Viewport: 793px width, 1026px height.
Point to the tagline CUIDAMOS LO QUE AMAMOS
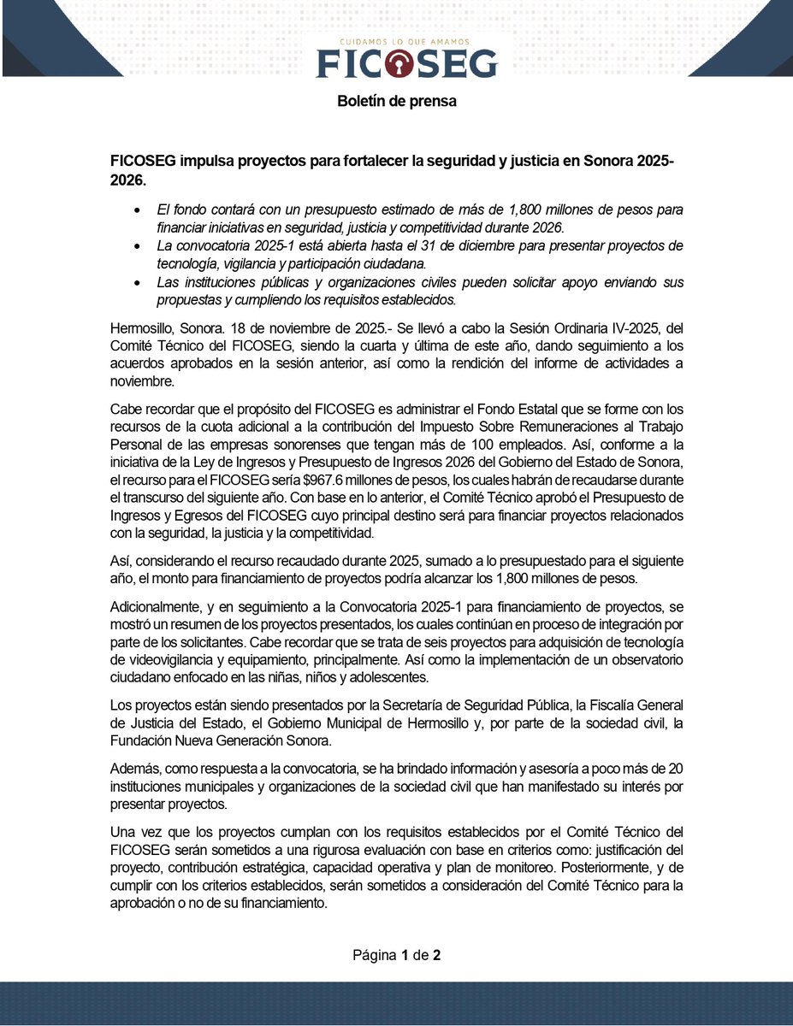(406, 41)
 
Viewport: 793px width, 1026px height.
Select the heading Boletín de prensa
(397, 101)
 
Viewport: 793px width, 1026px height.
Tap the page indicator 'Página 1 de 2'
(397, 955)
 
